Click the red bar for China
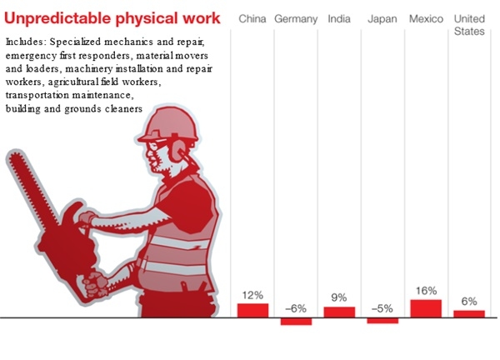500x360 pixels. click(252, 310)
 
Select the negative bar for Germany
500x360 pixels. click(296, 322)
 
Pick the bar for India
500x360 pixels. click(339, 312)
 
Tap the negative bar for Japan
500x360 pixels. click(382, 321)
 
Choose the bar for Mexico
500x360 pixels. click(426, 308)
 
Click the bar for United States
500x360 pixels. click(469, 314)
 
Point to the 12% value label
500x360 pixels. click(252, 295)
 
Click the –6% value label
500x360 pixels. click(296, 307)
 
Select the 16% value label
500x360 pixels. click(426, 291)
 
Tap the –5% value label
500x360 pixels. click(382, 307)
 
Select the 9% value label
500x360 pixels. click(339, 297)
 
